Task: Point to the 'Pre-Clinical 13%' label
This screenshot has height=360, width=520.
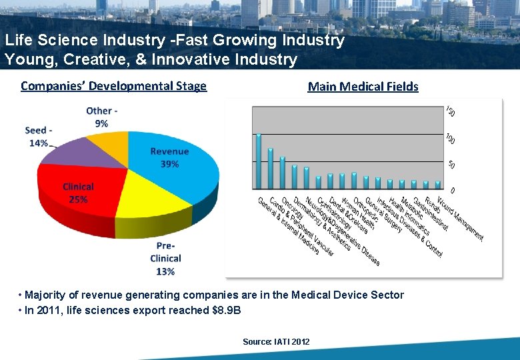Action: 165,258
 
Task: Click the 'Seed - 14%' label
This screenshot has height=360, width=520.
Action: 39,137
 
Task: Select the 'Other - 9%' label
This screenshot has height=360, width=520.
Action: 102,117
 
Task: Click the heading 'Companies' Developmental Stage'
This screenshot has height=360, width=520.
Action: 113,86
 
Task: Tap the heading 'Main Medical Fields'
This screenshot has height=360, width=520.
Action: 363,87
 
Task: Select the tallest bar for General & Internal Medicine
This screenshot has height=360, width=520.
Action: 259,161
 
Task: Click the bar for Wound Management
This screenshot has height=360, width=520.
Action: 438,185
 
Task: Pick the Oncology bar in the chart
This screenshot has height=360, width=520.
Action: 283,173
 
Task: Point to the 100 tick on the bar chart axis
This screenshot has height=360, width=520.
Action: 451,139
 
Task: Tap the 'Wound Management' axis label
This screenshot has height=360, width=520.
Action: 461,219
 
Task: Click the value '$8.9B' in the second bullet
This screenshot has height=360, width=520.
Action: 227,311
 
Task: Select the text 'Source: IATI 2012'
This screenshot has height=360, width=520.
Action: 276,341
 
